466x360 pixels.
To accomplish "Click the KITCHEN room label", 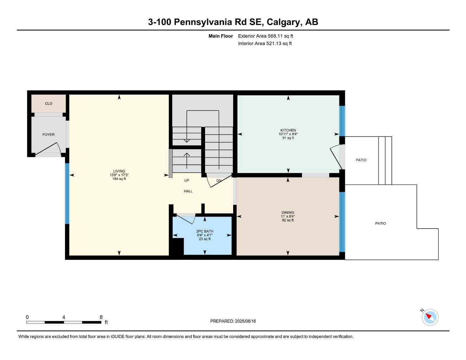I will (x=288, y=130).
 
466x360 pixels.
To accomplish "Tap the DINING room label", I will (x=288, y=212).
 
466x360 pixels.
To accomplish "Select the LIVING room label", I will (x=119, y=171).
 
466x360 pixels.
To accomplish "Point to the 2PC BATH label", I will (x=205, y=231).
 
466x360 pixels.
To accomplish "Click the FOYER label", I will (x=49, y=135).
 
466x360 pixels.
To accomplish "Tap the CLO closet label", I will (x=49, y=103).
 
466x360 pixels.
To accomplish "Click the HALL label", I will (x=188, y=191).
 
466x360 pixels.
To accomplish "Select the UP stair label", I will (x=187, y=180).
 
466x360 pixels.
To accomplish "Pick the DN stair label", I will (x=219, y=181).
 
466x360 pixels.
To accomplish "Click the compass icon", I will (x=430, y=317).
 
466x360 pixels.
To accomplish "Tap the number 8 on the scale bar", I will (x=101, y=317).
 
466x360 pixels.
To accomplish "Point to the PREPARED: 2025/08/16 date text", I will (x=233, y=321).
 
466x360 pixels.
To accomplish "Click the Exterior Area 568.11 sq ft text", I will (x=266, y=36).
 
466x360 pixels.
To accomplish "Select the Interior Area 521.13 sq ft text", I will (x=265, y=44).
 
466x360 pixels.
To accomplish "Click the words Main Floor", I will (x=221, y=36).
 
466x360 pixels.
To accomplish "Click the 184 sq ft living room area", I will (x=119, y=179).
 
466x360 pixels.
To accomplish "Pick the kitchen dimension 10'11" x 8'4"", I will (x=288, y=134).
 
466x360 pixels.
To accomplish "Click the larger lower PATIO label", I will (x=381, y=223).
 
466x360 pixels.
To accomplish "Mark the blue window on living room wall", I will (x=67, y=193).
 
